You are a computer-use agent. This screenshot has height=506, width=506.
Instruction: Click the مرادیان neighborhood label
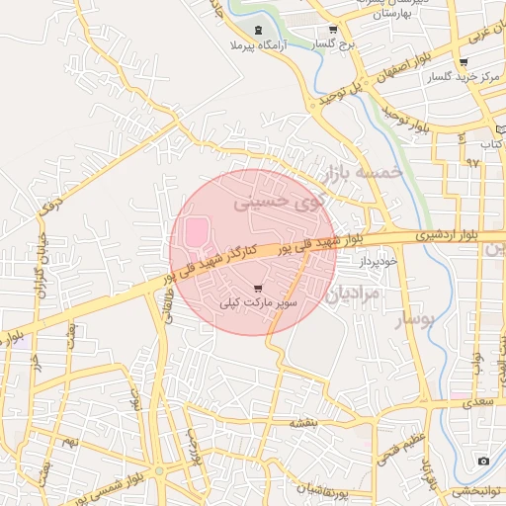pos(352,294)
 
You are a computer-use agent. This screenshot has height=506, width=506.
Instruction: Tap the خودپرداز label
pos(378,260)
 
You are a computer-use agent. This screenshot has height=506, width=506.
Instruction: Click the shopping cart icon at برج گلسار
pos(333,30)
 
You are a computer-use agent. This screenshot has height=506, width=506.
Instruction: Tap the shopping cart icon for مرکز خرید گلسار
pos(464,62)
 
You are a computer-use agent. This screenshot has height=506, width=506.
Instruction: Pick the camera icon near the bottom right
pos(483,462)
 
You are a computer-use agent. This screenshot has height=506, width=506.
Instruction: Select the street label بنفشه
pos(302,421)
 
